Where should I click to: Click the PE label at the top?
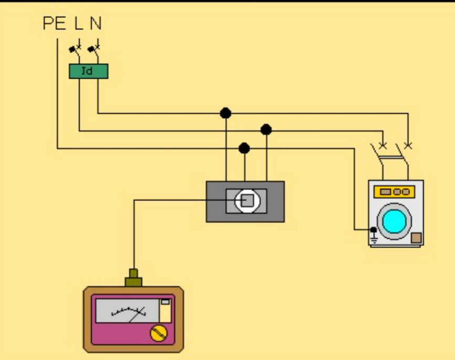click(54, 24)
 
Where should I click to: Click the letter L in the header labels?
click(78, 24)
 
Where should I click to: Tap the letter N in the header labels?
click(96, 24)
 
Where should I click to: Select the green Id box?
click(88, 71)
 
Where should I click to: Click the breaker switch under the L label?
click(75, 49)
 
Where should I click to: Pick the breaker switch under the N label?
click(94, 49)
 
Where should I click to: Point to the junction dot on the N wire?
click(226, 113)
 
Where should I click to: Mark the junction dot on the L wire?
click(266, 130)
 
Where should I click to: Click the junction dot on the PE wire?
click(244, 149)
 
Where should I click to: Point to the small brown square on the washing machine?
click(416, 238)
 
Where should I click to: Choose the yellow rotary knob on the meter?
click(158, 333)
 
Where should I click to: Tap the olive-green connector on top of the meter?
click(133, 279)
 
